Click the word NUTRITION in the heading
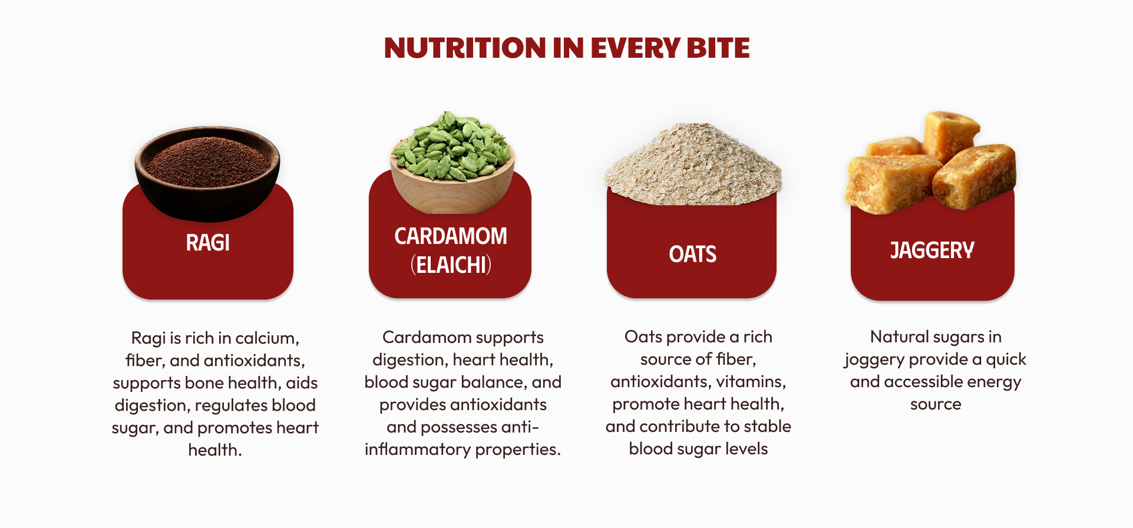465,48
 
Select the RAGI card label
208,243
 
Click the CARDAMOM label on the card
451,236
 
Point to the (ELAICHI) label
451,265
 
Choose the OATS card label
693,255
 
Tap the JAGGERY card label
932,250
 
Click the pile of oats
692,164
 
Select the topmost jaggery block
950,135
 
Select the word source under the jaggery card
936,405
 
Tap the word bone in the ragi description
204,383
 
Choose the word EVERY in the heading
635,48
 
